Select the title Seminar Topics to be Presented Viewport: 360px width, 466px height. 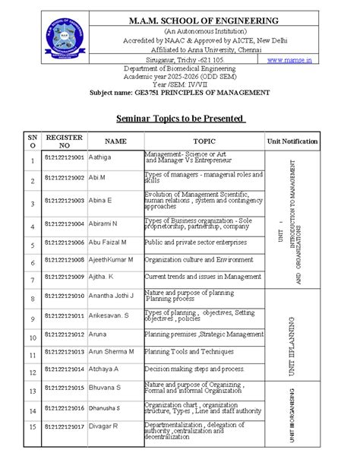point(180,119)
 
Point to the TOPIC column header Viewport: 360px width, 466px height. point(204,141)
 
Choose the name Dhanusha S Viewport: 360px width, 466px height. point(99,407)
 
